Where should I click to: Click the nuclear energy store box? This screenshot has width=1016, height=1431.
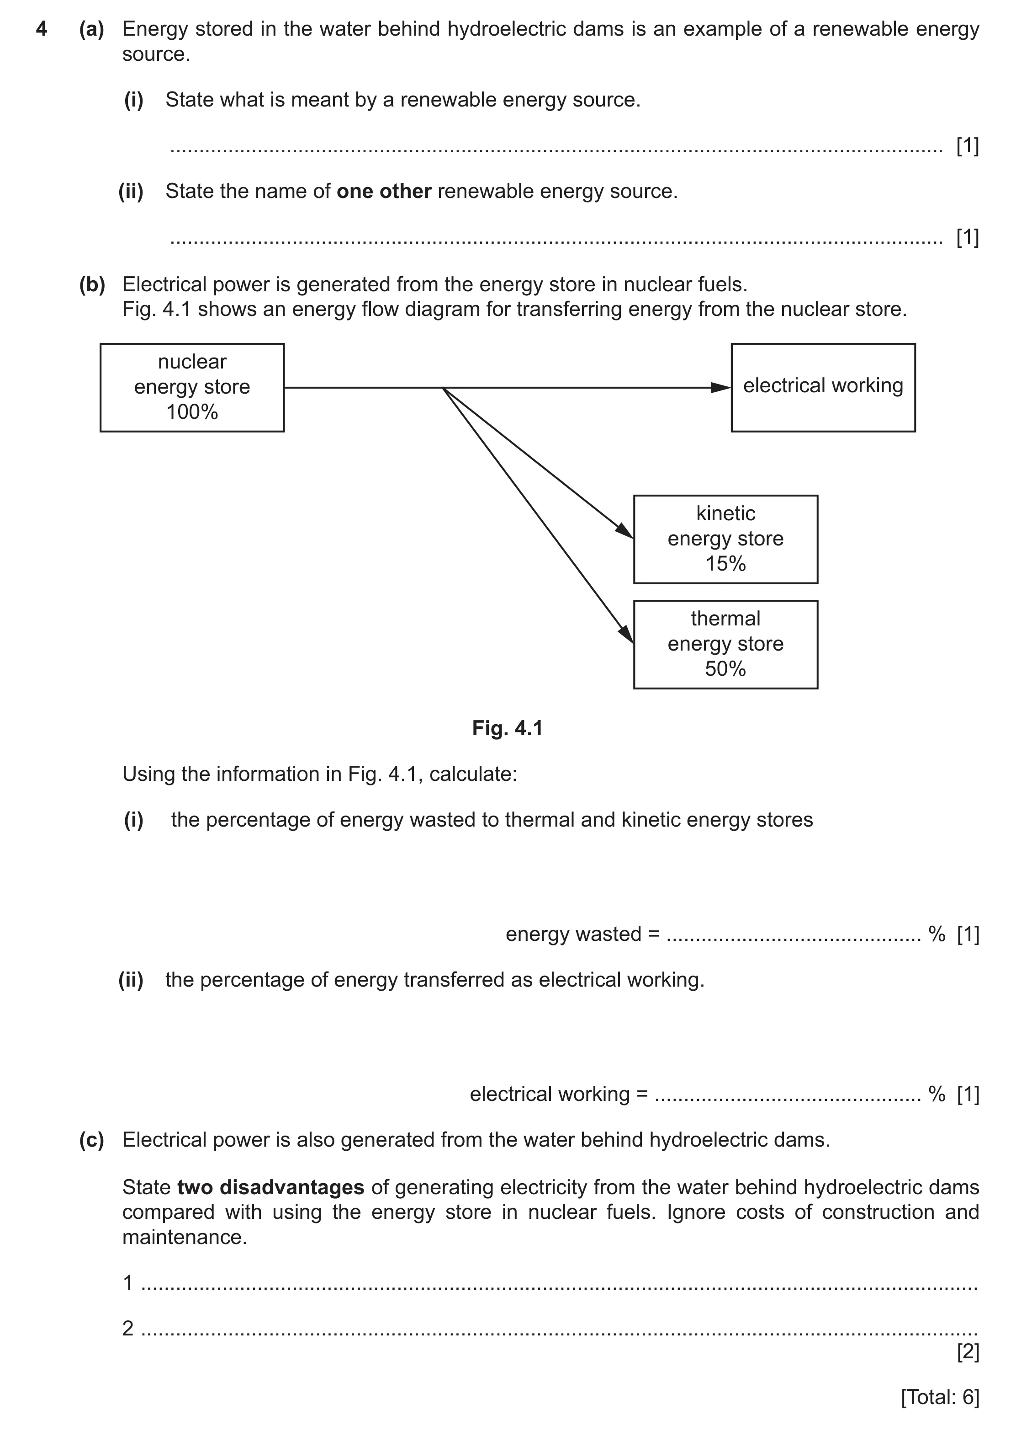pos(192,388)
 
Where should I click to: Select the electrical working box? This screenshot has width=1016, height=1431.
pos(823,388)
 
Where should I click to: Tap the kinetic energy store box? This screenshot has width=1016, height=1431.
pos(726,539)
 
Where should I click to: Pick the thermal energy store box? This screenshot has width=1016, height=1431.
pos(726,644)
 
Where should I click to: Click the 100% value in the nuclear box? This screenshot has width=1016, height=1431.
pos(192,412)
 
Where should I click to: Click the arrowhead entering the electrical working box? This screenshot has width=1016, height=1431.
pos(721,388)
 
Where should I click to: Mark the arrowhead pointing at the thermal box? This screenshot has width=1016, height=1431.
pos(627,634)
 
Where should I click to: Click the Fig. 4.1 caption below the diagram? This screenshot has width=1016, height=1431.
pos(508,728)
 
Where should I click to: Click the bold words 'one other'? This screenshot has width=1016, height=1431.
pos(384,191)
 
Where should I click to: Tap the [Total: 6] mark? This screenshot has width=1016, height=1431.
pos(940,1397)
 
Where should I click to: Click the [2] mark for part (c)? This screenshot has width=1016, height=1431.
pos(968,1351)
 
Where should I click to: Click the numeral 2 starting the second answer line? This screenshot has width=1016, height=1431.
pos(128,1328)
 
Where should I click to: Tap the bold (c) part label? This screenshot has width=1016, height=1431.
pos(92,1140)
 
